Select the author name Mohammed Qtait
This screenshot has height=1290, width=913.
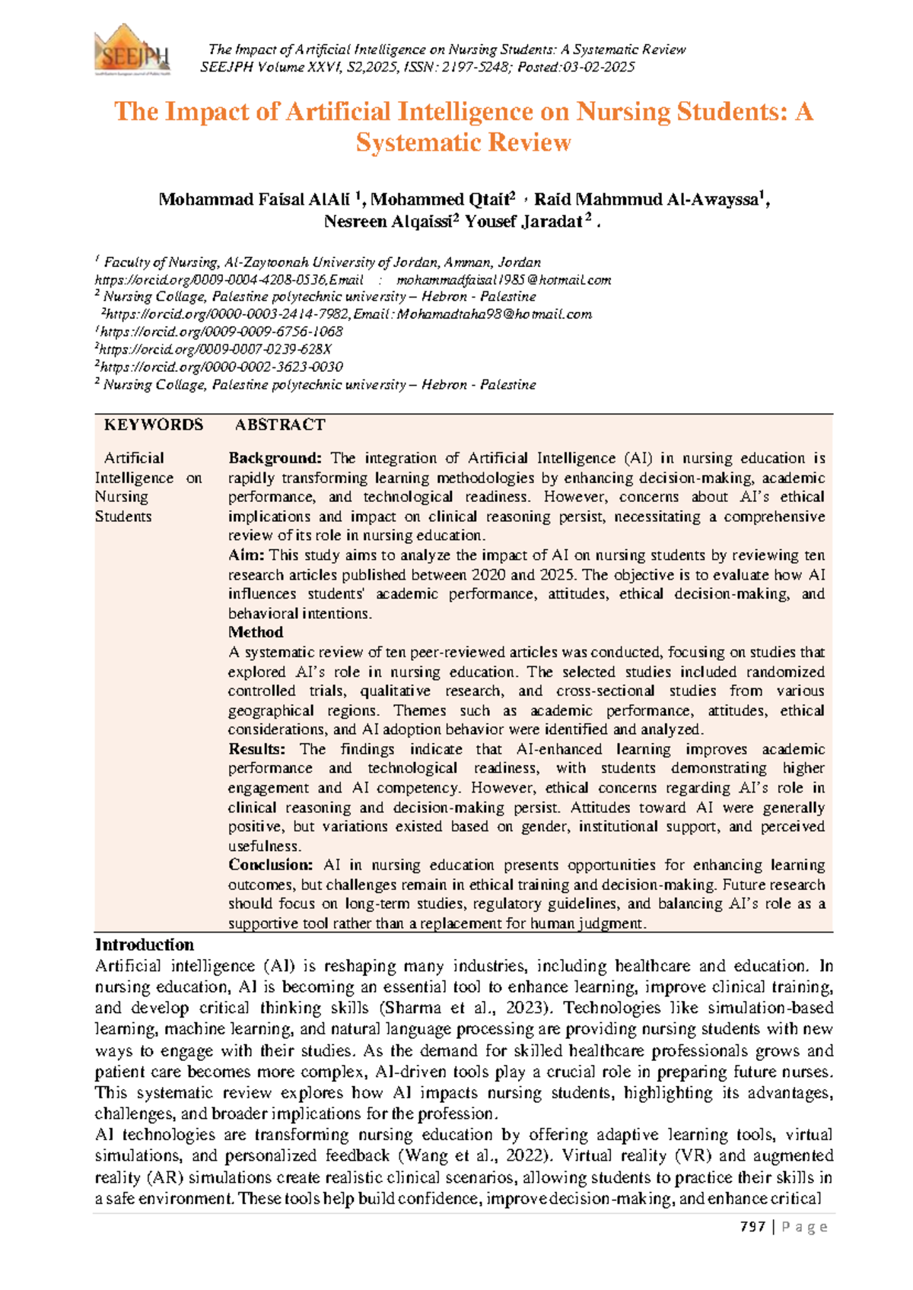point(441,200)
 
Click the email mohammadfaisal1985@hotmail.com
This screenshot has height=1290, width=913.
point(504,280)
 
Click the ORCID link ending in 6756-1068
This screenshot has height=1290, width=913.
point(221,332)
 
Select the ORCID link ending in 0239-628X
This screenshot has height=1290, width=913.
point(215,349)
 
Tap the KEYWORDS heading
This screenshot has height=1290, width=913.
point(154,425)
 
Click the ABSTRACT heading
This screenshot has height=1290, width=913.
point(279,425)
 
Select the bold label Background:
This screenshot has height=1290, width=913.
point(275,459)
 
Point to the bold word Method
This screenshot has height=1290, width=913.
point(256,633)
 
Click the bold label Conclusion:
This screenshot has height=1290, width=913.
point(270,866)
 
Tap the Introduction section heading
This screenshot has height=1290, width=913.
point(145,945)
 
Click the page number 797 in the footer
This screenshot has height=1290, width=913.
point(752,1227)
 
